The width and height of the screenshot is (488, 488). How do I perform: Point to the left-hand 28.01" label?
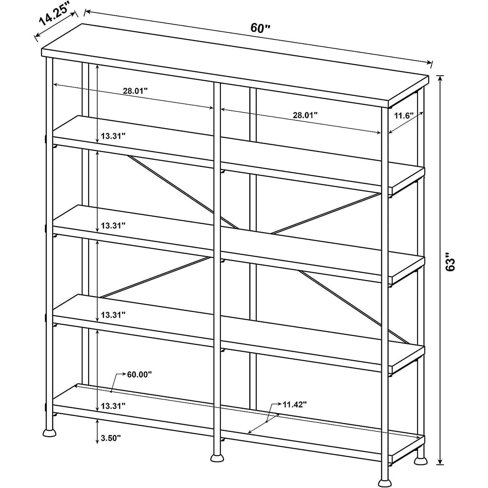tap(135, 91)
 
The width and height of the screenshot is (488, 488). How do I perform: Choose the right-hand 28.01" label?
tap(305, 115)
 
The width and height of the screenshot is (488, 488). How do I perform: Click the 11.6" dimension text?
tap(404, 116)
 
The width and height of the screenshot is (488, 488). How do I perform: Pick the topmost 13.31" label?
tap(113, 136)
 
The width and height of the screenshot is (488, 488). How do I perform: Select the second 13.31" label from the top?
tap(113, 225)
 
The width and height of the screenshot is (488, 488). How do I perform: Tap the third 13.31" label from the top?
tap(113, 315)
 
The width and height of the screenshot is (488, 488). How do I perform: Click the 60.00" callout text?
tap(139, 374)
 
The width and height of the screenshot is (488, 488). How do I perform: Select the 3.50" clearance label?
tap(111, 438)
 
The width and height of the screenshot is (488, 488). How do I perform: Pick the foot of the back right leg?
tap(420, 453)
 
